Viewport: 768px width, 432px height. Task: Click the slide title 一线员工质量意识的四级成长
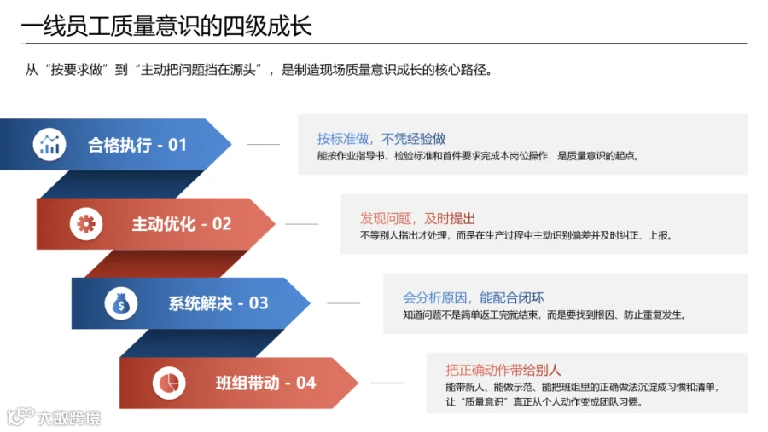coord(166,26)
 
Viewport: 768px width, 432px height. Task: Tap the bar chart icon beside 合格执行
coord(49,144)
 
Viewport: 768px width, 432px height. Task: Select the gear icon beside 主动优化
coord(86,224)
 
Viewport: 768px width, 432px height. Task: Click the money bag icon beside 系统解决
coord(121,303)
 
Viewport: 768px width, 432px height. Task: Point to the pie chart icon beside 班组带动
coord(169,383)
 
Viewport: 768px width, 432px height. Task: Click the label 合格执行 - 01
coord(137,145)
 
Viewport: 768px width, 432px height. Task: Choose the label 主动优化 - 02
coord(181,224)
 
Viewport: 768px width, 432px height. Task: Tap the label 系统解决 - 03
coord(218,303)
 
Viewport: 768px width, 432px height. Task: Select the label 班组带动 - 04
coord(266,383)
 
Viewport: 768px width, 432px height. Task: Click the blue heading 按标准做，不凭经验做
coord(381,139)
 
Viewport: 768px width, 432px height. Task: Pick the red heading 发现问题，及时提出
coord(417,218)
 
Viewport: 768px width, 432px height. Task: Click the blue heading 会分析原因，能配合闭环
coord(473,297)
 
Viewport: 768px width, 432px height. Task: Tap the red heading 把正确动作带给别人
coord(503,370)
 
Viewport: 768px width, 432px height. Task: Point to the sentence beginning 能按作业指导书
coord(478,156)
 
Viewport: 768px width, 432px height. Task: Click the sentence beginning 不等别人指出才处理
coord(516,235)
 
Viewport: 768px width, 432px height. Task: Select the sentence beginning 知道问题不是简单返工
coord(544,314)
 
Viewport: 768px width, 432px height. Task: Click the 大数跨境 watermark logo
coord(54,417)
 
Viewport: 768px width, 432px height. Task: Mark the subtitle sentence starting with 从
coord(259,70)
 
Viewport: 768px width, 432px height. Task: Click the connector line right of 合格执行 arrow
coord(264,144)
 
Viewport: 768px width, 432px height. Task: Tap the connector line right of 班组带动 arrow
coord(387,383)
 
